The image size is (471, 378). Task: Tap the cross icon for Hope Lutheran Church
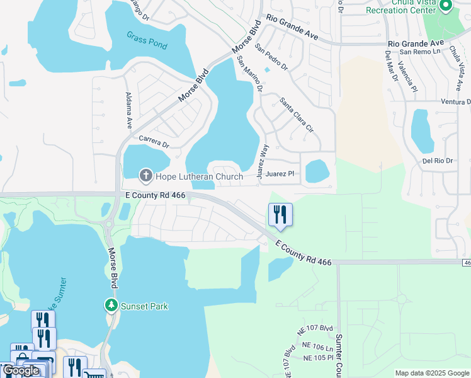tap(145, 176)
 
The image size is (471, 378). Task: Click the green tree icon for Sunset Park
tap(111, 306)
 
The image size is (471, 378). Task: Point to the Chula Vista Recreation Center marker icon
tap(446, 6)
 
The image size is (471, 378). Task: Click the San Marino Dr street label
tap(249, 74)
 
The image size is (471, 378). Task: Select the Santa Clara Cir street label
tap(297, 114)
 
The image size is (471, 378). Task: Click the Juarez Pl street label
tap(280, 173)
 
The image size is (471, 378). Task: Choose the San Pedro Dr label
tap(271, 56)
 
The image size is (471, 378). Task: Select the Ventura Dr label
tap(456, 102)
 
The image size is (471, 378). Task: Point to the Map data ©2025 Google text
tap(432, 373)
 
